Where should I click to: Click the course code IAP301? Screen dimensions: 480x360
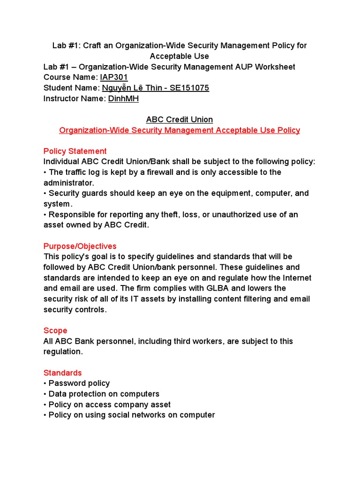pyautogui.click(x=114, y=77)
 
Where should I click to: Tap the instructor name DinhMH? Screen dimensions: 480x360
pyautogui.click(x=123, y=98)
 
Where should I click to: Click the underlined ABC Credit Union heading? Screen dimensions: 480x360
pyautogui.click(x=180, y=120)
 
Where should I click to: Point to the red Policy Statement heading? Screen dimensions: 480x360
pyautogui.click(x=75, y=151)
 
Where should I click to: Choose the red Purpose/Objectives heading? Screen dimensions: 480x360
pyautogui.click(x=80, y=246)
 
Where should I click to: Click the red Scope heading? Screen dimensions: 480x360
pyautogui.click(x=55, y=330)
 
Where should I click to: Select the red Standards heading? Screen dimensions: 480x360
pyautogui.click(x=62, y=373)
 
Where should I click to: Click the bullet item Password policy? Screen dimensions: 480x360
pyautogui.click(x=79, y=383)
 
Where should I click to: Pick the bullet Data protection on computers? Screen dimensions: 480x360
pyautogui.click(x=104, y=394)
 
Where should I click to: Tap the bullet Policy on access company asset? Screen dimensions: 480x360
pyautogui.click(x=109, y=405)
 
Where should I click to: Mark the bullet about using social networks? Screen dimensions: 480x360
pyautogui.click(x=131, y=415)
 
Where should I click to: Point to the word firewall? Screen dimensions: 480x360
pyautogui.click(x=162, y=172)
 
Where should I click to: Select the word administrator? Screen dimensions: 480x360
pyautogui.click(x=68, y=183)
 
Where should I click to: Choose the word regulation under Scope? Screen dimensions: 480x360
pyautogui.click(x=63, y=352)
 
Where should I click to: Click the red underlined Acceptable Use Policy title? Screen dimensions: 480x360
pyautogui.click(x=180, y=130)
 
